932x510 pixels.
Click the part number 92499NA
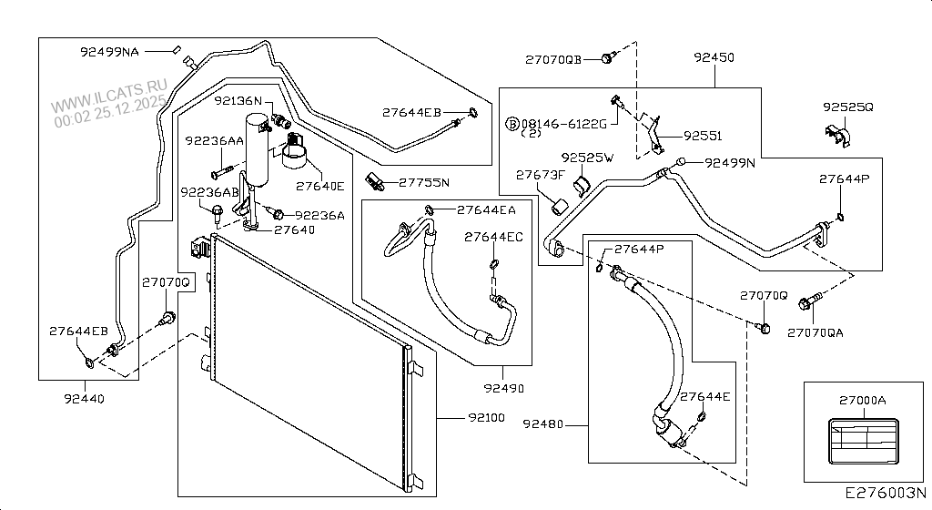(107, 52)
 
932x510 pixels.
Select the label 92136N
(238, 101)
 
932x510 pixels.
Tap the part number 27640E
(319, 186)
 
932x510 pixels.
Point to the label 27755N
(424, 182)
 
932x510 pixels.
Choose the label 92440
(84, 398)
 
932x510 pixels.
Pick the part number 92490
(503, 388)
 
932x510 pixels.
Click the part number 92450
(714, 57)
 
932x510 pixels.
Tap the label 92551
(702, 136)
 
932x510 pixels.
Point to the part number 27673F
(541, 174)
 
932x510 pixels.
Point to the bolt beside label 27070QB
(607, 58)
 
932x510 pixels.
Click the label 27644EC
(493, 237)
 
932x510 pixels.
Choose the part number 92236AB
(209, 192)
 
